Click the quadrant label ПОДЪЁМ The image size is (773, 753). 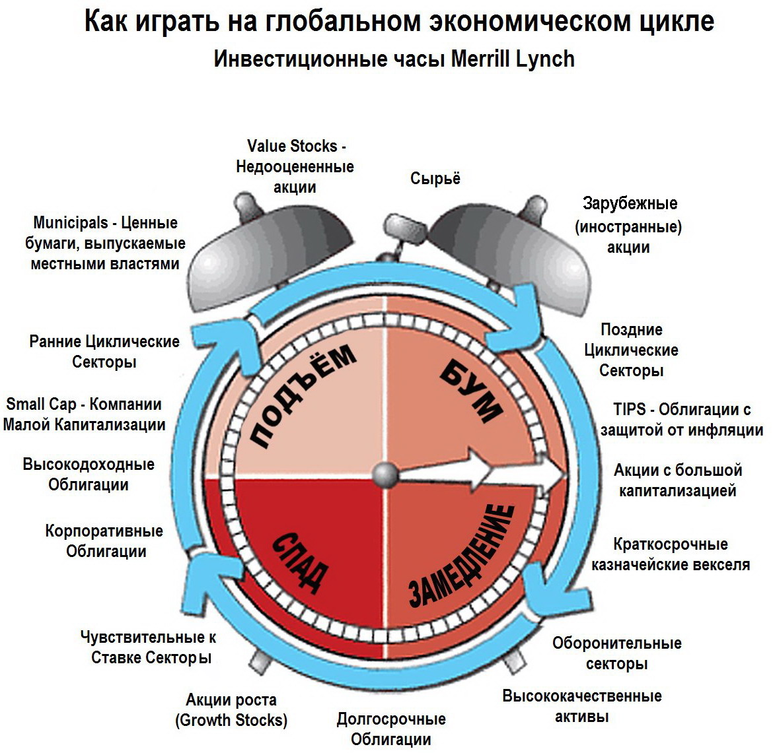pyautogui.click(x=303, y=396)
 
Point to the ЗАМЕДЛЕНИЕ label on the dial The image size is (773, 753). pyautogui.click(x=462, y=556)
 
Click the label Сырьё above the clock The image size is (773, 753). pyautogui.click(x=435, y=178)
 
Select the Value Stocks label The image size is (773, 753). pyautogui.click(x=295, y=166)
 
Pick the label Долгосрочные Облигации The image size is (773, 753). pyautogui.click(x=391, y=729)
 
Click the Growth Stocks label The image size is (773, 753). pyautogui.click(x=231, y=710)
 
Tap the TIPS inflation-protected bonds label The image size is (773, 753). pyautogui.click(x=682, y=420)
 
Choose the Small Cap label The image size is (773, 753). pyautogui.click(x=84, y=414)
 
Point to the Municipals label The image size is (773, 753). pyautogui.click(x=106, y=243)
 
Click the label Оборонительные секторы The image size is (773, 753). pyautogui.click(x=617, y=653)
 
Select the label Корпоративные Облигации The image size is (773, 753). pyautogui.click(x=105, y=541)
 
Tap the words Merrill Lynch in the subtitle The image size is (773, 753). pyautogui.click(x=513, y=59)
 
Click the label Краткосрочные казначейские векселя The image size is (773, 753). pyautogui.click(x=671, y=554)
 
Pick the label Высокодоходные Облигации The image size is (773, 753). pyautogui.click(x=89, y=474)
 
